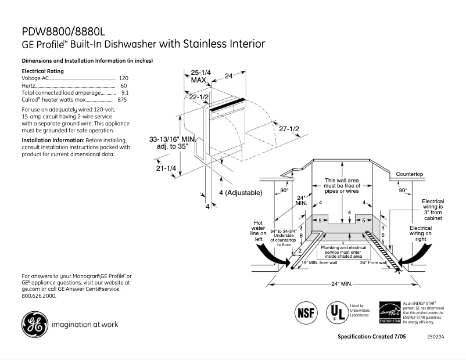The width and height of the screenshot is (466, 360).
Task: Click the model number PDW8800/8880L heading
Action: point(64,31)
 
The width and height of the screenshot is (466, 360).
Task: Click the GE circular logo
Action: point(35,325)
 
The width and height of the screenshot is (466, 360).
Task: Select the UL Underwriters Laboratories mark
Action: point(335,312)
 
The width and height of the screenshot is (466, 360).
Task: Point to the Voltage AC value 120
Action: point(123,78)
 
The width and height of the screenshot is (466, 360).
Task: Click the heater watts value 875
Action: point(122,100)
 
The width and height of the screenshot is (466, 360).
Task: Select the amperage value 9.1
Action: point(124,92)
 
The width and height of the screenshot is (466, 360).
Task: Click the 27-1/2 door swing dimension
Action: point(289,128)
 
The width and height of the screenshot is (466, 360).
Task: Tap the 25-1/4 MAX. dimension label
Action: point(200,76)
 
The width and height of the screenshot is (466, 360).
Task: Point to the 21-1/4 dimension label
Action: point(166,168)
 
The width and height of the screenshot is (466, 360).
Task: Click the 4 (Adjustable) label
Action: point(241,192)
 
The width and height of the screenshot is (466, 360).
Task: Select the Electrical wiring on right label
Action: point(421,233)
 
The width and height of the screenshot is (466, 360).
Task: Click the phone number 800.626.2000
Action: point(39,296)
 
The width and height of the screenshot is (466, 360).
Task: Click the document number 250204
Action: point(435,337)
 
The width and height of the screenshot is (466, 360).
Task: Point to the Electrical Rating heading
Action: point(42,71)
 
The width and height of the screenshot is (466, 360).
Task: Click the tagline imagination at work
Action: point(85,325)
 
